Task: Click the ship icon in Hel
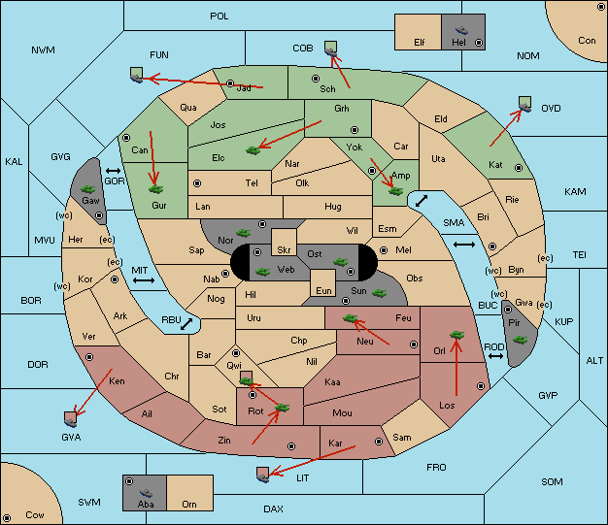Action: (461, 30)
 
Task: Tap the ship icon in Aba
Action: (146, 493)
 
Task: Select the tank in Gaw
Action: (88, 188)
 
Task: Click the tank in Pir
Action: (520, 340)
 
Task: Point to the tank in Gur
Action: (155, 189)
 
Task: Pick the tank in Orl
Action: (456, 335)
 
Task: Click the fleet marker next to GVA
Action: (71, 419)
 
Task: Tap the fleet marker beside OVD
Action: (525, 104)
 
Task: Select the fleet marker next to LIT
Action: (263, 475)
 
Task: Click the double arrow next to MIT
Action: (144, 280)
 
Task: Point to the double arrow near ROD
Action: (495, 356)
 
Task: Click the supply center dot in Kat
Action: (519, 168)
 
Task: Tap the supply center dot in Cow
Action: (7, 517)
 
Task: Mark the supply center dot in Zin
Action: (291, 446)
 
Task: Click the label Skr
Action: (284, 250)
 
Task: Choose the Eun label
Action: (323, 290)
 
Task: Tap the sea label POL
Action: (220, 16)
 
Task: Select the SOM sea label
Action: (552, 481)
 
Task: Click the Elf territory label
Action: (420, 42)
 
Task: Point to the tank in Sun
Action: (379, 293)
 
